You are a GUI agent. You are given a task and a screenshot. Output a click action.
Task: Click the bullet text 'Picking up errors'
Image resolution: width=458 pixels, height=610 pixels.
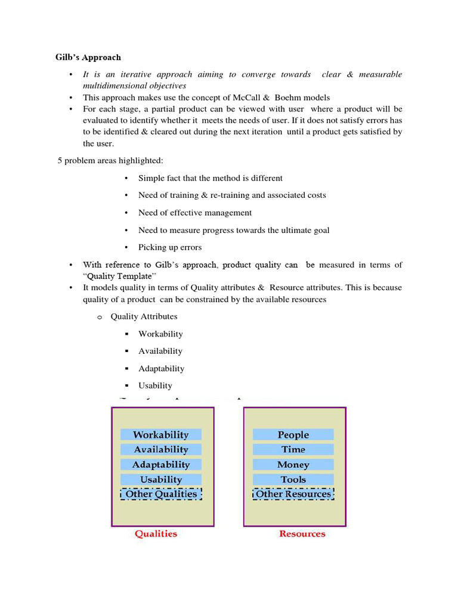tap(170, 247)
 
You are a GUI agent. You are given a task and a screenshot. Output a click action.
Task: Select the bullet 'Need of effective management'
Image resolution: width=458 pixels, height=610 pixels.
tap(195, 213)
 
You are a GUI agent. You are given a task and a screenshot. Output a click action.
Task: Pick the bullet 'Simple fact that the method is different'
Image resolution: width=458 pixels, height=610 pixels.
tap(211, 178)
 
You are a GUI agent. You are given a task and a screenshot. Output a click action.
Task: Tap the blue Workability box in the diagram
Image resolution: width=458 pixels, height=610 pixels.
tap(160, 435)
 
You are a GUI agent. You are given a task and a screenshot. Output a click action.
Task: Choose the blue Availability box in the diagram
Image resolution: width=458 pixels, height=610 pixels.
tap(160, 450)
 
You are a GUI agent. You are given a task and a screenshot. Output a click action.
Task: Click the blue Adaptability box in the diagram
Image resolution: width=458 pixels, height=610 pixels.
tap(160, 465)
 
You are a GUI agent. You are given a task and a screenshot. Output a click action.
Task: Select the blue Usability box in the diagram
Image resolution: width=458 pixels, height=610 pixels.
tap(160, 480)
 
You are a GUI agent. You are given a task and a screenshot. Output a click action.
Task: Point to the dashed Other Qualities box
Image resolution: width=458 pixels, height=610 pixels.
tap(161, 494)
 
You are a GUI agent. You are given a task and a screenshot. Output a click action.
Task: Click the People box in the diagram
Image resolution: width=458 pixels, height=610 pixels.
tap(293, 435)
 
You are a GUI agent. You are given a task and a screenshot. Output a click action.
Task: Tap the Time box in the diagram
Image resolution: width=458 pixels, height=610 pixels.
tap(293, 450)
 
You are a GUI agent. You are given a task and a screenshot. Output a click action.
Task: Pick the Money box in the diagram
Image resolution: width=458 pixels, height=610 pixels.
tap(293, 465)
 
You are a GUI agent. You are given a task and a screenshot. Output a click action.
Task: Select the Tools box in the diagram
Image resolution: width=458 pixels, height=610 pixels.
tap(293, 480)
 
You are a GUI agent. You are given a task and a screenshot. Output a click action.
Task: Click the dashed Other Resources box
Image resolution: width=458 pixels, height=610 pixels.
tap(293, 494)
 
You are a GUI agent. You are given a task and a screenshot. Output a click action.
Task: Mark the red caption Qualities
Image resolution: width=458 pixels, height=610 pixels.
tap(156, 534)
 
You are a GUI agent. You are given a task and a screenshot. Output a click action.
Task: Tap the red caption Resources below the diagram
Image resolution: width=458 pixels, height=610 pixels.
tap(302, 534)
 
